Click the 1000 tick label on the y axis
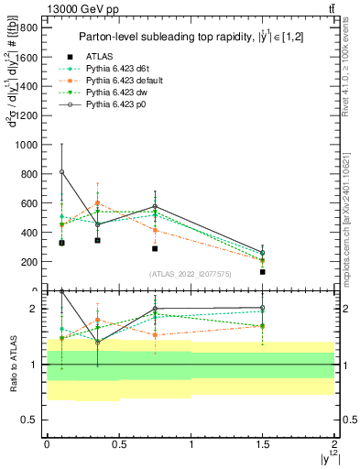pyautogui.click(x=26, y=145)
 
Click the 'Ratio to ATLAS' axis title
pyautogui.click(x=12, y=363)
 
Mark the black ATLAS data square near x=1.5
pyautogui.click(x=263, y=272)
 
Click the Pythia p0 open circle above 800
pyautogui.click(x=61, y=172)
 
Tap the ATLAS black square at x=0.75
pyautogui.click(x=155, y=248)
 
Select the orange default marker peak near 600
pyautogui.click(x=97, y=203)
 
